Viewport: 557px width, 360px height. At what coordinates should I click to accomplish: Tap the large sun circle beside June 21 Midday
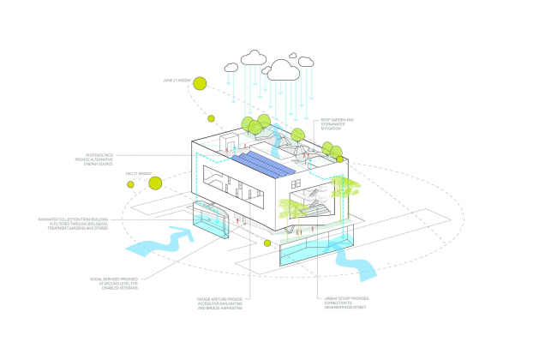click(x=201, y=83)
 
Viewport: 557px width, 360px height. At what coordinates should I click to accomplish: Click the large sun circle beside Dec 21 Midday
click(x=157, y=182)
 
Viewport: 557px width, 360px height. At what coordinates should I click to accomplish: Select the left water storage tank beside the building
click(x=213, y=220)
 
